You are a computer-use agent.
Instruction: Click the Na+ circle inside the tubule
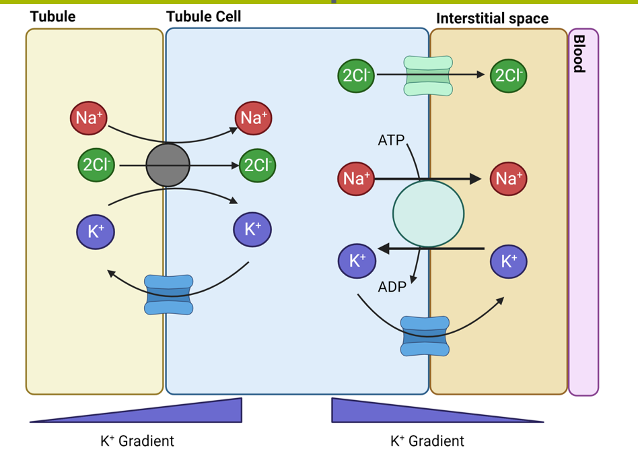89,118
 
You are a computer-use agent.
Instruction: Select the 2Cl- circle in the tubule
96,165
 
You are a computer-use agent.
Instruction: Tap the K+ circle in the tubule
96,232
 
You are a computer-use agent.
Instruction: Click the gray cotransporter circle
168,165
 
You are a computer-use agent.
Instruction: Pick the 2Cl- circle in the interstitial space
508,75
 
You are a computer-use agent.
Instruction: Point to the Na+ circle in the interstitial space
508,179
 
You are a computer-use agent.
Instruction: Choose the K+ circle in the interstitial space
509,261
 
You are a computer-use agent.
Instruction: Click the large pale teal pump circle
428,213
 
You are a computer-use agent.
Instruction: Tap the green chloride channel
428,75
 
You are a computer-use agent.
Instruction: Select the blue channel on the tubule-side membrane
169,294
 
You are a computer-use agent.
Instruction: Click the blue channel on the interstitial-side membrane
425,336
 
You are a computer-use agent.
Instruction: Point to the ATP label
391,140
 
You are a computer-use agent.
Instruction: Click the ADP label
392,286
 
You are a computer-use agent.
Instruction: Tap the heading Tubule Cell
203,16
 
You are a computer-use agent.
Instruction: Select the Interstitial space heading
492,18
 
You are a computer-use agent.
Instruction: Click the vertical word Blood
578,54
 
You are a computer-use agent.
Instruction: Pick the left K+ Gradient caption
137,441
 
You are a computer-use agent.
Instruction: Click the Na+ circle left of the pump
355,179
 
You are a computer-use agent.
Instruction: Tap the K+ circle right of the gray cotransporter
252,229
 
